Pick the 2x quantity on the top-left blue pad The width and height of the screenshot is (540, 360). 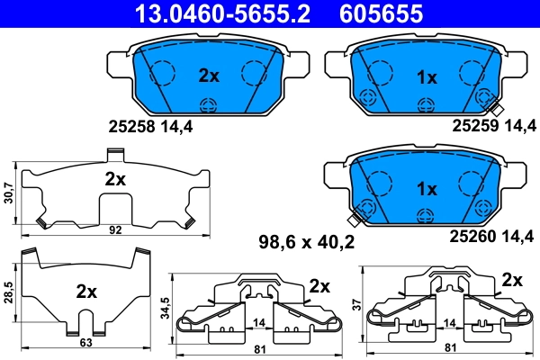[209, 76]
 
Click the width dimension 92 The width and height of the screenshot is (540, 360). [114, 230]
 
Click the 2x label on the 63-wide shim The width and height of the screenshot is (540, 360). [86, 292]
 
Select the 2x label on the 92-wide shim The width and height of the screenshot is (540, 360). [114, 178]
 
